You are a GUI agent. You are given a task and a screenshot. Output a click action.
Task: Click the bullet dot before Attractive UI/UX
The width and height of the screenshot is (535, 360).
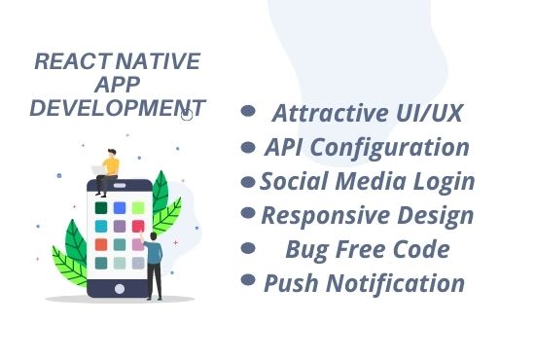[x=248, y=112]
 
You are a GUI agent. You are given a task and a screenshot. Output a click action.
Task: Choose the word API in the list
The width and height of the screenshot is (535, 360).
[x=289, y=148]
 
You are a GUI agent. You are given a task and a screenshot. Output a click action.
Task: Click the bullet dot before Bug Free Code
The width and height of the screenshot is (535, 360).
[x=248, y=247]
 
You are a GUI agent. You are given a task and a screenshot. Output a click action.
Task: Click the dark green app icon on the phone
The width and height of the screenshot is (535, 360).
[x=101, y=208]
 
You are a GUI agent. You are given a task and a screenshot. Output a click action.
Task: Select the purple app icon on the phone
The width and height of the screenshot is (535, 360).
[x=120, y=227]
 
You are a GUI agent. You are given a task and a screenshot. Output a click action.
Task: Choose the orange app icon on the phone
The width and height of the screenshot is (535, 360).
[x=101, y=244]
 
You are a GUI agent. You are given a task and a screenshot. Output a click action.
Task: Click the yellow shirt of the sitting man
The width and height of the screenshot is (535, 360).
[x=111, y=165]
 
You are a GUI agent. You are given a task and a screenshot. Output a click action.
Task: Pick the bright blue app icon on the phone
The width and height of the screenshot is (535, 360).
[x=120, y=208]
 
